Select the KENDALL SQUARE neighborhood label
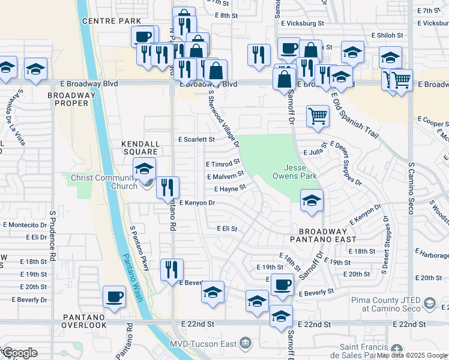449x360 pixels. [x=140, y=148]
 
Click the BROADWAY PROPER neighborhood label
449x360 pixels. [x=73, y=99]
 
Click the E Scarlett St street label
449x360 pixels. [x=197, y=139]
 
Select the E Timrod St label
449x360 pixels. [x=223, y=163]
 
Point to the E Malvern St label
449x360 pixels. [x=225, y=176]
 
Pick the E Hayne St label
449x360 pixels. [x=226, y=188]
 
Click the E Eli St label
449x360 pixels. [x=228, y=229]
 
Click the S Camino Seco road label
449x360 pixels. [x=411, y=188]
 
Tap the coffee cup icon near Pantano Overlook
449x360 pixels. [x=114, y=295]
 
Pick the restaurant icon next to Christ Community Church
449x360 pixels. [x=167, y=187]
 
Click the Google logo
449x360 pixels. [x=19, y=353]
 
